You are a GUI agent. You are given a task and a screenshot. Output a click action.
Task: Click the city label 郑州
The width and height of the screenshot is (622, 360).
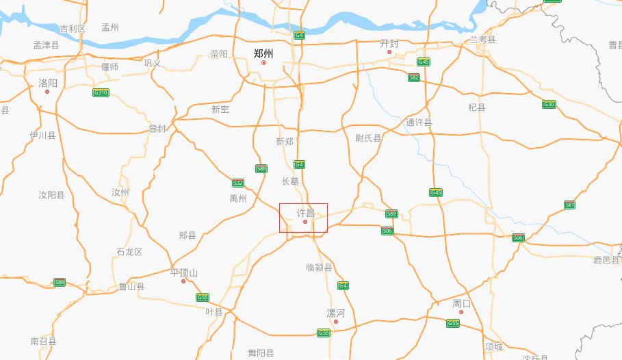pyautogui.click(x=263, y=53)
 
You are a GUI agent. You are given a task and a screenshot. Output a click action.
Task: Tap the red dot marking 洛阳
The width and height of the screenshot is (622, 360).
pyautogui.click(x=47, y=90)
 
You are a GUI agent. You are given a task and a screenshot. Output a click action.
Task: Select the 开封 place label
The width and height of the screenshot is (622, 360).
pyautogui.click(x=389, y=43)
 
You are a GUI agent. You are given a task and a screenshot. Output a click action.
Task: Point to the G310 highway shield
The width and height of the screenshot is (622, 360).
pyautogui.click(x=101, y=92)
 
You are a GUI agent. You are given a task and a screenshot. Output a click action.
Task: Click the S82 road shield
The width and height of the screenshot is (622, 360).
pyautogui.click(x=414, y=77)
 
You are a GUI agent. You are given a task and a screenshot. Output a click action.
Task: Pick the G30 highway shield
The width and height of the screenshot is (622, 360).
pyautogui.click(x=549, y=104)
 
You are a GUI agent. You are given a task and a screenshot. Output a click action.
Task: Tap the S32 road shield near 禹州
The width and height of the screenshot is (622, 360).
pyautogui.click(x=238, y=183)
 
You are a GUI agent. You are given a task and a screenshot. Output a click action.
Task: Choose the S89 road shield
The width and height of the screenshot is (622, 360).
pyautogui.click(x=391, y=214)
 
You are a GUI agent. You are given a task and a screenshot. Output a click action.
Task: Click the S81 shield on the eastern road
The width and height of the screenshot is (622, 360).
pyautogui.click(x=570, y=205)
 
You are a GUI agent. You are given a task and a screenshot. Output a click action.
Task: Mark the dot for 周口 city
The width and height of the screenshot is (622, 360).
pyautogui.click(x=461, y=312)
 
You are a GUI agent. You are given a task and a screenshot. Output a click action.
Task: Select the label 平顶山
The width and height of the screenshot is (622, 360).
pyautogui.click(x=184, y=272)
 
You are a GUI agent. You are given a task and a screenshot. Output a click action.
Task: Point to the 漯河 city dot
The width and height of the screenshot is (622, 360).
pyautogui.click(x=335, y=322)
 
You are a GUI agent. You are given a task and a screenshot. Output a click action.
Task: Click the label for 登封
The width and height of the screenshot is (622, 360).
pyautogui.click(x=157, y=129)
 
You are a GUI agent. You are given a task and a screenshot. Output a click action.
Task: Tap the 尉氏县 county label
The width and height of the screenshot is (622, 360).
pyautogui.click(x=368, y=138)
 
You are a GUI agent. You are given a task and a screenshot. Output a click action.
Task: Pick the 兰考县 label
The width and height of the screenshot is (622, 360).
pyautogui.click(x=482, y=40)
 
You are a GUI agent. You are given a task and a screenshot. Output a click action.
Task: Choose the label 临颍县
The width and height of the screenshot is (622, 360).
pyautogui.click(x=319, y=268)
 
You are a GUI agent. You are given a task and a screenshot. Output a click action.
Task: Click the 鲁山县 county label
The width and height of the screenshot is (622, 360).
pyautogui.click(x=131, y=287)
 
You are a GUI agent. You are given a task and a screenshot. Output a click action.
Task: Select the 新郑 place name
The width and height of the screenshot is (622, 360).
pyautogui.click(x=285, y=142)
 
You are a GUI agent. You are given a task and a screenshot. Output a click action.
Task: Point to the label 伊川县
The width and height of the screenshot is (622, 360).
pyautogui.click(x=42, y=136)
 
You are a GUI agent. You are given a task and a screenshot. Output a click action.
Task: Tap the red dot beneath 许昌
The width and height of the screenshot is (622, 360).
pyautogui.click(x=305, y=222)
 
